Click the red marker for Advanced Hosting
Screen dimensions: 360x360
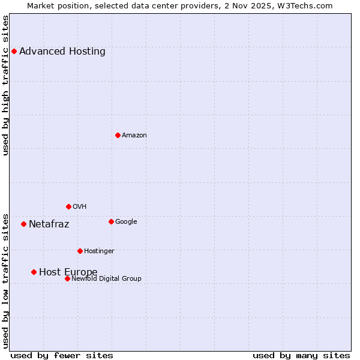point(14,51)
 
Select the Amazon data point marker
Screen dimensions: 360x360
point(118,135)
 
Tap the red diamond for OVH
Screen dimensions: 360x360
point(68,206)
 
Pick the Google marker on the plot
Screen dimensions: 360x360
point(111,221)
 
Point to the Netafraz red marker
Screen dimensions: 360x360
point(23,224)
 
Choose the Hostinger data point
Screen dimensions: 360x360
point(80,251)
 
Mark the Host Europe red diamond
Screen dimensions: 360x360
point(34,272)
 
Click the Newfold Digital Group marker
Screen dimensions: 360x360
point(67,278)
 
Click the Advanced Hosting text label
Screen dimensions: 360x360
point(62,51)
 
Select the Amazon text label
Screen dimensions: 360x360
point(134,135)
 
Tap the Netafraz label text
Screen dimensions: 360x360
point(49,224)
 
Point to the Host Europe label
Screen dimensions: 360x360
point(68,272)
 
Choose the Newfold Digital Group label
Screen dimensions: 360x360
point(107,278)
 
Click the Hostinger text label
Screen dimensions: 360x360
point(100,251)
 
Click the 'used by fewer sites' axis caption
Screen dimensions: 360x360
point(62,355)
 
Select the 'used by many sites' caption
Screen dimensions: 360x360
point(301,355)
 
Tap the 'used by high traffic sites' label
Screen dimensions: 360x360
point(5,85)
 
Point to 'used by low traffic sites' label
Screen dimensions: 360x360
point(5,280)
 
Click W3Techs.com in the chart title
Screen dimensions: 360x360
point(307,5)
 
